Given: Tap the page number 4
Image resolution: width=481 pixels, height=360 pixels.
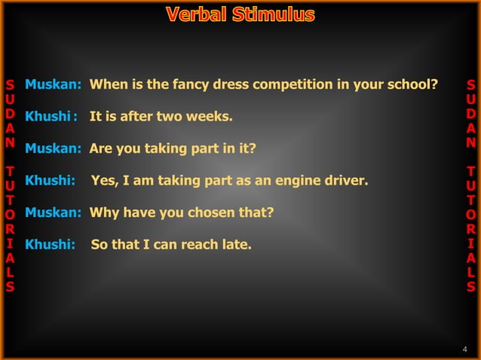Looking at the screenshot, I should (464, 348).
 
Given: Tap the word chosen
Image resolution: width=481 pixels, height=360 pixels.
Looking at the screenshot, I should (213, 212).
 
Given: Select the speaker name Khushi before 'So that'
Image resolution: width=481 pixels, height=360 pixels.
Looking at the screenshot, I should (47, 245).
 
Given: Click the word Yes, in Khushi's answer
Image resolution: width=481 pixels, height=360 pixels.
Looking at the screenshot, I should (105, 181).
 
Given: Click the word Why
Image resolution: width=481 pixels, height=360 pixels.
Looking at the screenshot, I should (103, 212).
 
